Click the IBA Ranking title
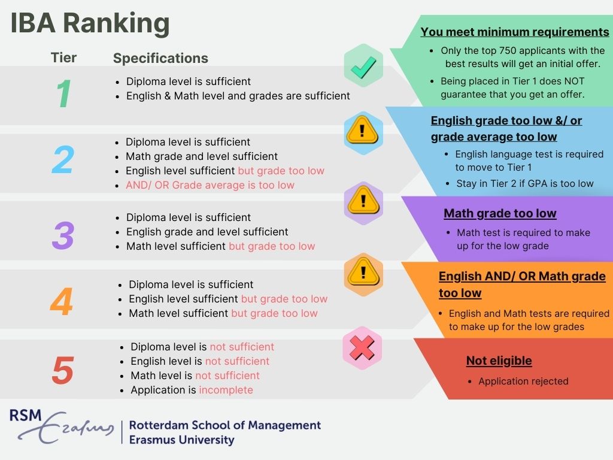90,24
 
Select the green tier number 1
63,94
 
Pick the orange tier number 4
61,302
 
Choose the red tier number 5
62,371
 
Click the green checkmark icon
363,66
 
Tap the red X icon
362,347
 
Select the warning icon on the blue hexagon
362,131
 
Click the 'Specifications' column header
160,58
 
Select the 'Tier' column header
63,57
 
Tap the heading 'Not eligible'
499,361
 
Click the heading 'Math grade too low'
500,213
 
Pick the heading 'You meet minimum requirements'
515,32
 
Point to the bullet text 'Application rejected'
523,381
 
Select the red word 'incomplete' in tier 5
226,390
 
